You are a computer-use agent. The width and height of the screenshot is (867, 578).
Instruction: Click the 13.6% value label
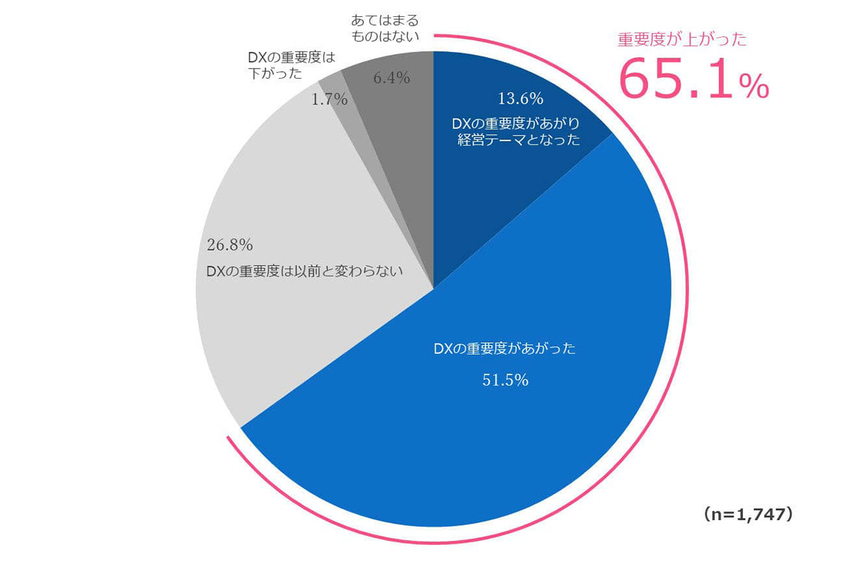[x=520, y=99]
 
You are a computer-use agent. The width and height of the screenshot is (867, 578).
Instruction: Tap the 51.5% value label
[x=505, y=380]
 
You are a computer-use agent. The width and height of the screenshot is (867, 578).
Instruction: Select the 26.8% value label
[x=230, y=244]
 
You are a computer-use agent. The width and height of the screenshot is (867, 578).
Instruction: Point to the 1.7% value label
[x=330, y=100]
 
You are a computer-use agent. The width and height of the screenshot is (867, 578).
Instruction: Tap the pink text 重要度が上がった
[x=681, y=39]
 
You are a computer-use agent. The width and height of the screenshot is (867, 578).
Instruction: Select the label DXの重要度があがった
[x=504, y=350]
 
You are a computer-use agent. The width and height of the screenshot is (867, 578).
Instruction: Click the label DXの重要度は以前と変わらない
[x=304, y=272]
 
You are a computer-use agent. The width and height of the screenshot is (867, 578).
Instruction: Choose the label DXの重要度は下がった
[x=291, y=66]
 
